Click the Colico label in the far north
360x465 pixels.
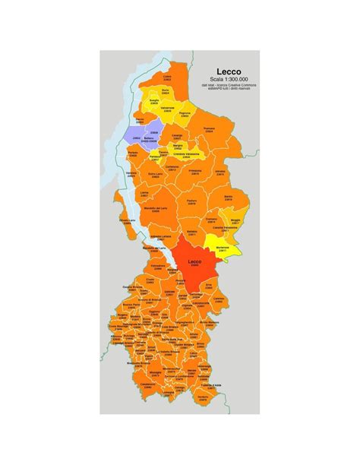coord(168,77)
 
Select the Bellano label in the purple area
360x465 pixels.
coord(150,139)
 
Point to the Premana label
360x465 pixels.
coord(210,130)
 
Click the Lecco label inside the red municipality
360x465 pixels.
coord(194,263)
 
